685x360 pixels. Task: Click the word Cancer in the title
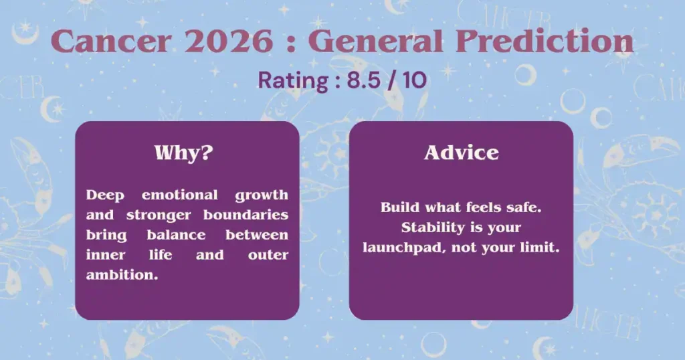(111, 41)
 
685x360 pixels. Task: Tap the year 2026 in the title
(229, 41)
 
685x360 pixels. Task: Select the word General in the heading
(375, 41)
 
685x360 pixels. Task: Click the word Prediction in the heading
(545, 41)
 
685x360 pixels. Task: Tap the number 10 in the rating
(415, 80)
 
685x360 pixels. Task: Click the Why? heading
(183, 153)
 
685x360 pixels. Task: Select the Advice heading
(462, 153)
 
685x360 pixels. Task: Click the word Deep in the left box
(105, 195)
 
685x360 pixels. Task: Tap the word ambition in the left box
(122, 275)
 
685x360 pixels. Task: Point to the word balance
(176, 235)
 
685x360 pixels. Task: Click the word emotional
(179, 195)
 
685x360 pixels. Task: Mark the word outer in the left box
(268, 255)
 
